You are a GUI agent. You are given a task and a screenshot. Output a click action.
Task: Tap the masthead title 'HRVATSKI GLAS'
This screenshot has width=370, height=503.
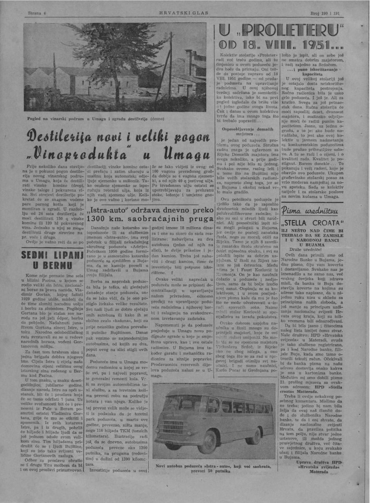[x=185, y=13]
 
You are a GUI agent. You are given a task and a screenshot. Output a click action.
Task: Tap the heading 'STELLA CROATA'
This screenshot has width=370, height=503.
[x=310, y=223]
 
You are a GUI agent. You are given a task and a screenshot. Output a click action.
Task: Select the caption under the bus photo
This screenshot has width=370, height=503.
[x=213, y=469]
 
